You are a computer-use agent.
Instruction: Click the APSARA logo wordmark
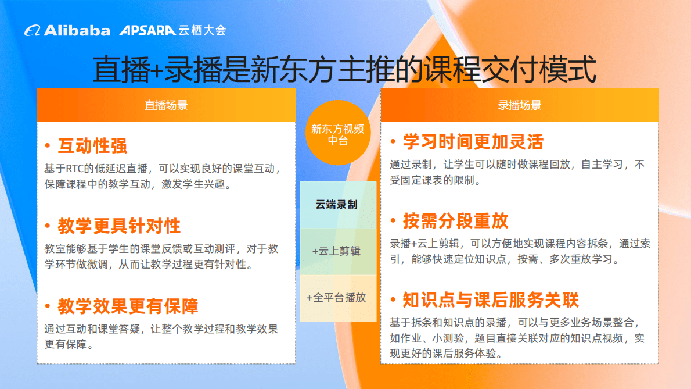pos(147,30)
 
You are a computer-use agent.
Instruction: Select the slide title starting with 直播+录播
pos(345,69)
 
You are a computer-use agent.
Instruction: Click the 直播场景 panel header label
pos(166,105)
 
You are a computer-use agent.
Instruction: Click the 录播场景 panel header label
pos(520,105)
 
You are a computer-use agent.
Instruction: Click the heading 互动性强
pos(92,145)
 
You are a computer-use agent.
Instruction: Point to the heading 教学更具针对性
pos(119,226)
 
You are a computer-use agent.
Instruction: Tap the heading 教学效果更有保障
pos(128,306)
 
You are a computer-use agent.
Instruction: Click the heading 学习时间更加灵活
pos(473,141)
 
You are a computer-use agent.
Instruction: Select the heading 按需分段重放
pos(456,220)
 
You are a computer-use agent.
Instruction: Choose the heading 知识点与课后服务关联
pos(491,300)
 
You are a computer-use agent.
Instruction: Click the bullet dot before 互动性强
pos(47,147)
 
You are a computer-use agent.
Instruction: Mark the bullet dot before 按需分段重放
pos(393,222)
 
